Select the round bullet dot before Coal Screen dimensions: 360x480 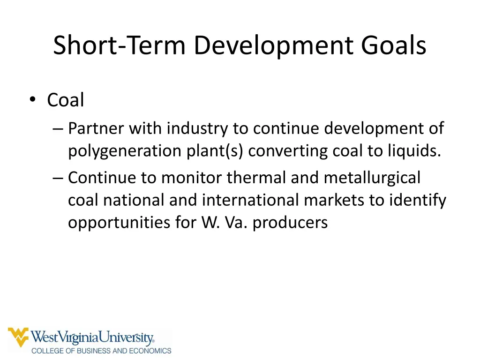(x=32, y=100)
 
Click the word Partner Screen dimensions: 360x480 (x=96, y=128)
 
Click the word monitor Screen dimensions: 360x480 (x=192, y=178)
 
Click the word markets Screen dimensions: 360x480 (x=334, y=200)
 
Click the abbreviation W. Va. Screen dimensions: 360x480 (x=225, y=223)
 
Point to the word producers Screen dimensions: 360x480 (x=290, y=223)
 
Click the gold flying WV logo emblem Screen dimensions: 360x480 (x=18, y=337)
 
